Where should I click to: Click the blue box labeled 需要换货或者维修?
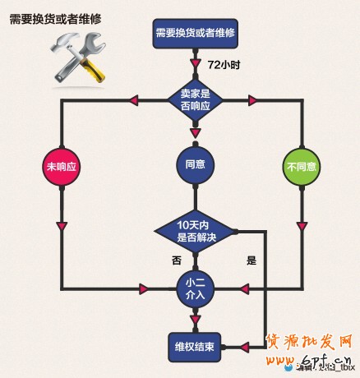pyautogui.click(x=195, y=33)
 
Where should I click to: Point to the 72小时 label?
pyautogui.click(x=222, y=63)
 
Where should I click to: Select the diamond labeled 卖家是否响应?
pyautogui.click(x=195, y=99)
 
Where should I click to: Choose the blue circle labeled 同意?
pyautogui.click(x=195, y=165)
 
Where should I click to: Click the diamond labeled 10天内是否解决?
pyautogui.click(x=195, y=232)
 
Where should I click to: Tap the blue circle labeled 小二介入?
pyautogui.click(x=195, y=288)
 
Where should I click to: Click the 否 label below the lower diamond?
pyautogui.click(x=175, y=260)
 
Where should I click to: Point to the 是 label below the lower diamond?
pyautogui.click(x=252, y=260)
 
